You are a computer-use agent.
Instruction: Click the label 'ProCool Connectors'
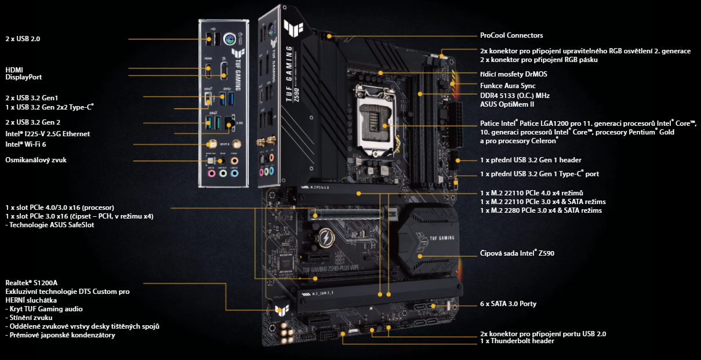(511, 36)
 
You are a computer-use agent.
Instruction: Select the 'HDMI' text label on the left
(14, 70)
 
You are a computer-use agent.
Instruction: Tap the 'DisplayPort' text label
(24, 77)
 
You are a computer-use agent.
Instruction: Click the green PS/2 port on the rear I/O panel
(230, 38)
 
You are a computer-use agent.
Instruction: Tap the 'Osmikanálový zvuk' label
(36, 159)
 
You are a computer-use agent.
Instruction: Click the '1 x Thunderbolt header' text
(517, 341)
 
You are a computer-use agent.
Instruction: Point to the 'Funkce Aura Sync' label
(507, 86)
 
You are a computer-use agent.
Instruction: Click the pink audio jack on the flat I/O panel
(211, 172)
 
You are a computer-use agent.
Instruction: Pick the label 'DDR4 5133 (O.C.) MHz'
(515, 95)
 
